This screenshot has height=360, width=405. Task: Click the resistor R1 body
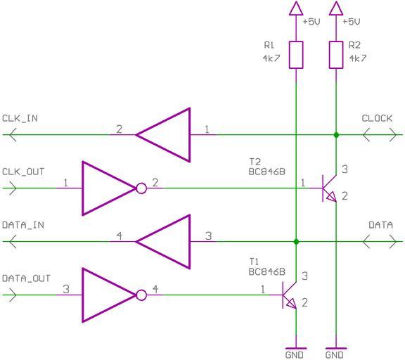pos(296,55)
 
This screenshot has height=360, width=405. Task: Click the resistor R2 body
pos(336,55)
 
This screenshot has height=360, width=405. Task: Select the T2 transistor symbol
pos(329,188)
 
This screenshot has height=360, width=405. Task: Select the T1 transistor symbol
pos(289,295)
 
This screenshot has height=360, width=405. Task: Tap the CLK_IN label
pos(20,119)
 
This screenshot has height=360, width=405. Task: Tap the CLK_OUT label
pos(23,172)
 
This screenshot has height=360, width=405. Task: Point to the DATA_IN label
pos(23,225)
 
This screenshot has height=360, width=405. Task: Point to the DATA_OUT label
pos(26,278)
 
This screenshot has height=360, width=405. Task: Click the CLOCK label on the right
pos(377,119)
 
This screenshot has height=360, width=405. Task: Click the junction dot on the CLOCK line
pos(336,134)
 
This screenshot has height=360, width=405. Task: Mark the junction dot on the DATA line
pos(296,242)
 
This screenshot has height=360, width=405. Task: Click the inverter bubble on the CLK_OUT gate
pos(141,188)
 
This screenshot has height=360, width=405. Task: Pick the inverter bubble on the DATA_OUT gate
pos(141,295)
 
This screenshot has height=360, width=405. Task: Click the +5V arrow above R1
pos(296,8)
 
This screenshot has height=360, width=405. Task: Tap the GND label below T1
pos(294,355)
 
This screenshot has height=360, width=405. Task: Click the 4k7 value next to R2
pos(358,58)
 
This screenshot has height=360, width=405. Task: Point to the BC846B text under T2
pos(266,172)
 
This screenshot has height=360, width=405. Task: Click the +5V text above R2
pos(351,22)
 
